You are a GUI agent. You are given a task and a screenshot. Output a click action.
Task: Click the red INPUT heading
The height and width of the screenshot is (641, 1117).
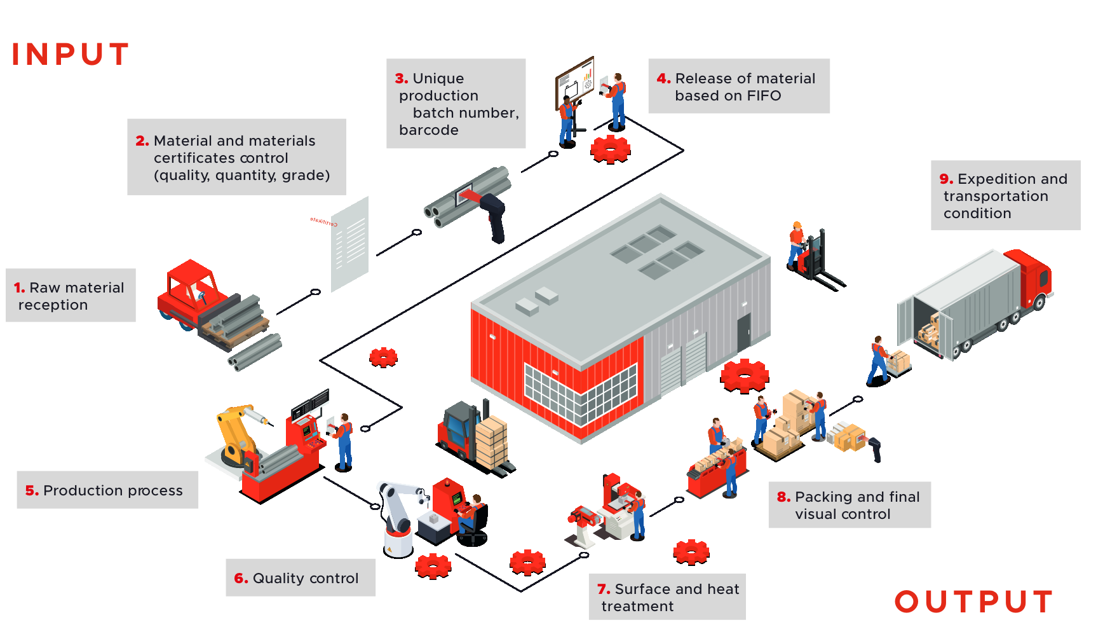(71, 54)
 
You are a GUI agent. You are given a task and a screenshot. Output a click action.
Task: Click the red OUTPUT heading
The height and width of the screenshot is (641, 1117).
(973, 602)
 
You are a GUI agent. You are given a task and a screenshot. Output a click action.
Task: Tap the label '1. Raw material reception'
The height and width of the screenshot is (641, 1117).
(71, 296)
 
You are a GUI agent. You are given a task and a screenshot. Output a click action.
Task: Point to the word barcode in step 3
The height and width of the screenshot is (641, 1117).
(428, 130)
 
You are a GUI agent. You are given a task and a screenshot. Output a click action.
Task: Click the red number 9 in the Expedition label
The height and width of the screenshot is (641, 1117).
(946, 179)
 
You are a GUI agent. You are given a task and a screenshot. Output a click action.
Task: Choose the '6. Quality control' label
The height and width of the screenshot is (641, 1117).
(301, 578)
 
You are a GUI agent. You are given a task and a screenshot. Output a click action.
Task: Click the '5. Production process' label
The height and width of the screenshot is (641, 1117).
(107, 490)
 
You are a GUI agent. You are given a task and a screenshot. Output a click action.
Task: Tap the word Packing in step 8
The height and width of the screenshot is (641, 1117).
(825, 497)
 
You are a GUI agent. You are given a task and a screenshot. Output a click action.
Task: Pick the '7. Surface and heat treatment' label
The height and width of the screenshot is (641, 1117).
(667, 597)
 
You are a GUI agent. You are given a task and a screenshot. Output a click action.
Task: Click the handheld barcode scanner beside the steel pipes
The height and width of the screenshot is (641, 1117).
(493, 216)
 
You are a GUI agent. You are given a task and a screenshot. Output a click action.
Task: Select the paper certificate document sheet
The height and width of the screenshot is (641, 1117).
(350, 244)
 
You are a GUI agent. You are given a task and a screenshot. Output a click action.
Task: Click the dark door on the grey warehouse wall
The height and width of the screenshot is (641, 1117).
(744, 331)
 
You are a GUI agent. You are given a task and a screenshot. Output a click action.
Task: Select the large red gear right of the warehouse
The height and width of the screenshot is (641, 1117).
(745, 375)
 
